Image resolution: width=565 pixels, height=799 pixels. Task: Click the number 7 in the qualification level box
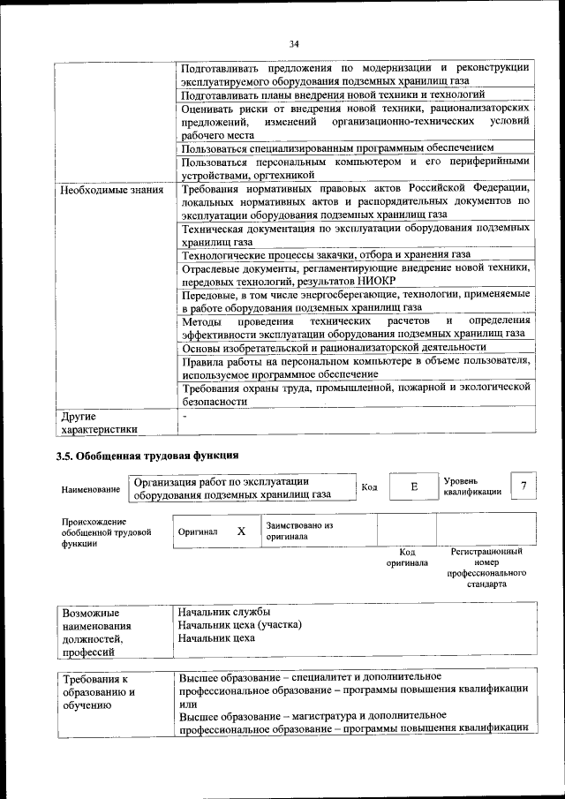coord(525,486)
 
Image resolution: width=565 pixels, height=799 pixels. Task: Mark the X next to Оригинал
coord(241,531)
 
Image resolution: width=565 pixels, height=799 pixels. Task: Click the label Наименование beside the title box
coord(91,489)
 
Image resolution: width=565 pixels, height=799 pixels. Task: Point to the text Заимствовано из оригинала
coord(298,531)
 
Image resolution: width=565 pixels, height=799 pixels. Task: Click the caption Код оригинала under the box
coord(407,557)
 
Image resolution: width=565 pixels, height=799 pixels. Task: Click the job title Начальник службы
coord(223,612)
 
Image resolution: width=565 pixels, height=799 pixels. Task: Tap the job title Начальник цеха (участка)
coord(239,624)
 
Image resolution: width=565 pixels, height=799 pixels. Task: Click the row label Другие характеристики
coord(96,423)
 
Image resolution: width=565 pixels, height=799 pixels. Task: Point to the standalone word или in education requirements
coord(186,704)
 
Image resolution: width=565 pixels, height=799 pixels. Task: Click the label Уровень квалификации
coord(472,486)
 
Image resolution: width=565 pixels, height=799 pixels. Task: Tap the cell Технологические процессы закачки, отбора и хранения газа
coord(325,254)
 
